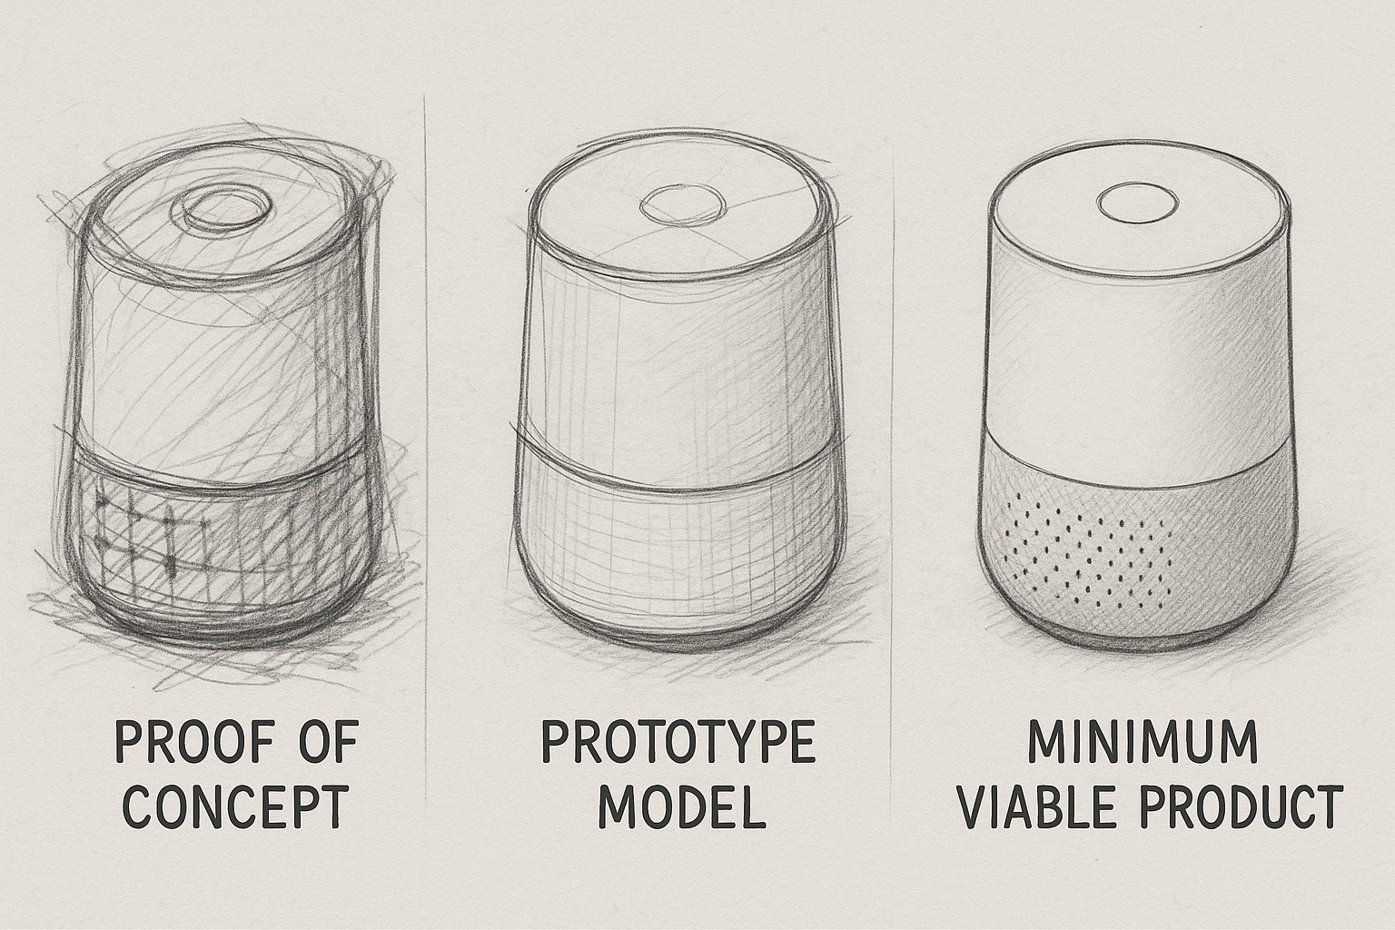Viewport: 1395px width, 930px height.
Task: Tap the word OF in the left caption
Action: (324, 745)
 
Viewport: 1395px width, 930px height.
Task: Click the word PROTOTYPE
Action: (678, 744)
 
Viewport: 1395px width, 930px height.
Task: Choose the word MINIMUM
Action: (1142, 744)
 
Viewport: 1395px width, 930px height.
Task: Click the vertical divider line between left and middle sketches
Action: (427, 409)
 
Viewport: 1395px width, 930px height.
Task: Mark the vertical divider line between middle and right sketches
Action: (895, 409)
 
